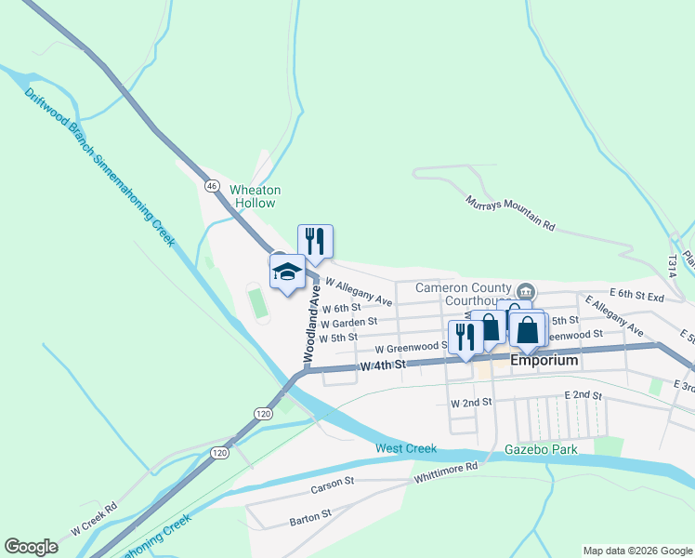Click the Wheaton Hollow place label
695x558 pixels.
[x=255, y=196]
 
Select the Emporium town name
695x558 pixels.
[x=544, y=360]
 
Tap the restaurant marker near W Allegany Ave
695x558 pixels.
[x=315, y=242]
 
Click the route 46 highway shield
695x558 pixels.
[x=212, y=186]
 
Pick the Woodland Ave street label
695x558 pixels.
[x=312, y=324]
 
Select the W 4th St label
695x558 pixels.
[x=384, y=365]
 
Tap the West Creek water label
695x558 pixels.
[x=406, y=449]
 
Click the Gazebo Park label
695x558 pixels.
[x=541, y=449]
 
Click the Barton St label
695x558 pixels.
[x=310, y=515]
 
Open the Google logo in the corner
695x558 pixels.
[x=31, y=547]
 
